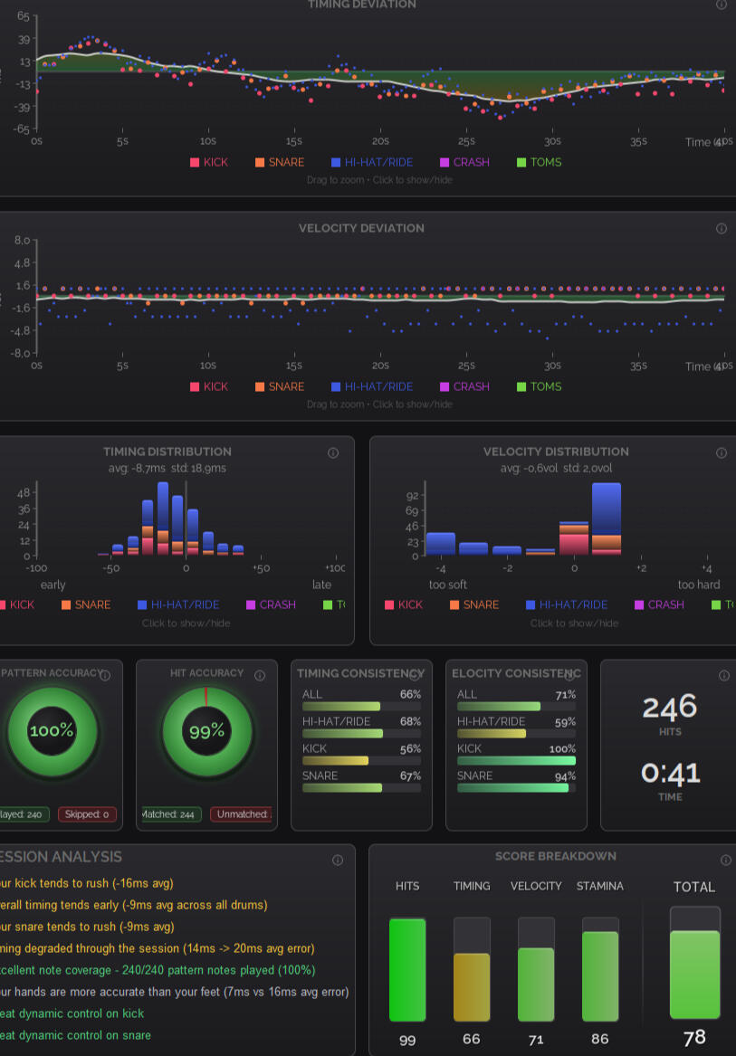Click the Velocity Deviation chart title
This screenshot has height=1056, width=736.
[x=361, y=228]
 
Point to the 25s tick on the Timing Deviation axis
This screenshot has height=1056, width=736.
[x=466, y=141]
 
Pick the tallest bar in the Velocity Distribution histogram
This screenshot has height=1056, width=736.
[x=606, y=517]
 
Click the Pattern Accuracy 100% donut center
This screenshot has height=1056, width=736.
[x=52, y=730]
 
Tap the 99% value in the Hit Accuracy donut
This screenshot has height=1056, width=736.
[x=206, y=731]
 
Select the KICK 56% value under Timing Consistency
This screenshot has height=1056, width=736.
[x=410, y=749]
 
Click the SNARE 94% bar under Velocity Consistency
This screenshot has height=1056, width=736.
[x=513, y=788]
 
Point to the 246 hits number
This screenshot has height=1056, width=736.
[x=670, y=707]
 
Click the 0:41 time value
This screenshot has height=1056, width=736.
[x=670, y=774]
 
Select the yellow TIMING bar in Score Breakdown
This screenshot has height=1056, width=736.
[x=471, y=987]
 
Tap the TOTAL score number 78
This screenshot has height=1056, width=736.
[x=694, y=1038]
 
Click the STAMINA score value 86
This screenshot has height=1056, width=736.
[x=600, y=1039]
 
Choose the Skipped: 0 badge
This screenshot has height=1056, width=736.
[x=87, y=814]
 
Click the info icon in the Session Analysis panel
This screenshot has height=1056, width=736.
[x=338, y=861]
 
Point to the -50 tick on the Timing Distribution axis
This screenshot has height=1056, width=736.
[x=110, y=568]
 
